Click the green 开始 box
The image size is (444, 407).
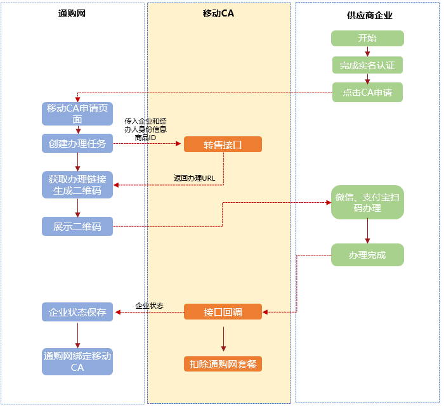(367, 38)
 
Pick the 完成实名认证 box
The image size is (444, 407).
(367, 65)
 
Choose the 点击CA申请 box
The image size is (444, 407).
(367, 93)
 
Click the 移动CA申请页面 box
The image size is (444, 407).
(77, 113)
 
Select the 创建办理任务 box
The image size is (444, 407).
(77, 144)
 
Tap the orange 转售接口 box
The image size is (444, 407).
(223, 145)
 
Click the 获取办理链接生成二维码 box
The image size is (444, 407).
(77, 184)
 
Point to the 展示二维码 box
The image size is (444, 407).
(77, 226)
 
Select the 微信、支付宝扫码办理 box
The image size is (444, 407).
(367, 202)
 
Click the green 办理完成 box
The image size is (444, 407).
(367, 255)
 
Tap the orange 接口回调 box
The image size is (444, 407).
(223, 312)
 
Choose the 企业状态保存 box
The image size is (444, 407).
(77, 312)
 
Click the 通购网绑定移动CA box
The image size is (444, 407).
(77, 362)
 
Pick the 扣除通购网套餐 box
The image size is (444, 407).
(223, 364)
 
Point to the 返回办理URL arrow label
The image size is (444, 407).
(195, 178)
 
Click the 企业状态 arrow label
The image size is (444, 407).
(149, 306)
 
